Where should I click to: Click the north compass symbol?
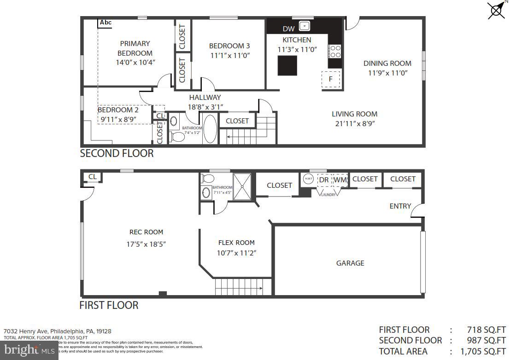pyautogui.click(x=496, y=10)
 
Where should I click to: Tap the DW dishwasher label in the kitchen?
pyautogui.click(x=288, y=29)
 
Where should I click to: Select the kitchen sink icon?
pyautogui.click(x=304, y=26)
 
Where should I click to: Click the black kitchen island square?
pyautogui.click(x=286, y=65)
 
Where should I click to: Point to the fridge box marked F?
pyautogui.click(x=331, y=79)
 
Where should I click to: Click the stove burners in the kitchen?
pyautogui.click(x=334, y=51)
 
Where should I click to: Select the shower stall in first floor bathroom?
pyautogui.click(x=242, y=186)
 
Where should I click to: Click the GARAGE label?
pyautogui.click(x=350, y=263)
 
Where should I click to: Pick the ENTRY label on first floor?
pyautogui.click(x=400, y=206)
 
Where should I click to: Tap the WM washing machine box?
pyautogui.click(x=340, y=180)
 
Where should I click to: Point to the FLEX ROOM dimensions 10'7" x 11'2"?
pyautogui.click(x=236, y=253)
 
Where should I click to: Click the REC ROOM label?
pyautogui.click(x=146, y=232)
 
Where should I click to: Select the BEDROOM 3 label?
pyautogui.click(x=229, y=46)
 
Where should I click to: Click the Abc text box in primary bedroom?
pyautogui.click(x=106, y=23)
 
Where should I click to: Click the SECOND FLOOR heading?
pyautogui.click(x=117, y=153)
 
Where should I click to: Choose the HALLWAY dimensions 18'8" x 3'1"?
pyautogui.click(x=205, y=107)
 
